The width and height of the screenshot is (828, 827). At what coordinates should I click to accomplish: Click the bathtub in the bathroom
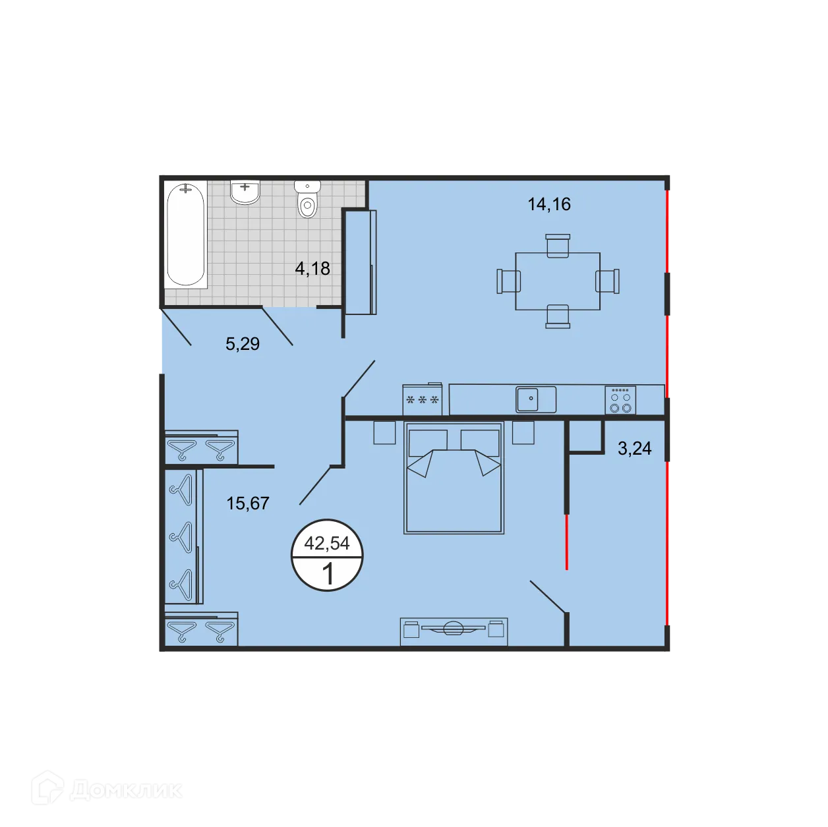(185, 235)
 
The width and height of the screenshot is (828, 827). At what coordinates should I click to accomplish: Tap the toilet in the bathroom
(307, 199)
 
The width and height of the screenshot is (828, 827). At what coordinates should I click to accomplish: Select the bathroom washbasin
(245, 191)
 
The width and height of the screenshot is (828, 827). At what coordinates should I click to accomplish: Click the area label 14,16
(548, 204)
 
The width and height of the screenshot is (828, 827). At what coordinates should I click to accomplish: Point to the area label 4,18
(312, 269)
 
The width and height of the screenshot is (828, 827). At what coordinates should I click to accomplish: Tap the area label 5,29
(243, 344)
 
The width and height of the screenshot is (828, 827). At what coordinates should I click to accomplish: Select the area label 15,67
(248, 503)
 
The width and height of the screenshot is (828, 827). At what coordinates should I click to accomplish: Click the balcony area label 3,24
(634, 449)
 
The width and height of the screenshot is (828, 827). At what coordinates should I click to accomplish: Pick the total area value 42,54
(327, 544)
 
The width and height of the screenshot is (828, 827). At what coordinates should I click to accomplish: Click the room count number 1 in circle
(328, 574)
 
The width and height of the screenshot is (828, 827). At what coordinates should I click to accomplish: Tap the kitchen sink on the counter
(535, 399)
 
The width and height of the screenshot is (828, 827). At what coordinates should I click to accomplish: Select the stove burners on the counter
(620, 400)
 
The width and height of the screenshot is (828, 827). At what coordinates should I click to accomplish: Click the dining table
(558, 281)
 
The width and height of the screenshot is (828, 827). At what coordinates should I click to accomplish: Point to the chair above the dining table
(558, 245)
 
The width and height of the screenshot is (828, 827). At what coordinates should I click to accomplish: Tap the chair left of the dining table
(508, 281)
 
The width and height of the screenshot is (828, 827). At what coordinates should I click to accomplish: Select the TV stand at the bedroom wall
(454, 631)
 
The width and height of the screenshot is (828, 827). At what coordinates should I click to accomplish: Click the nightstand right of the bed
(523, 433)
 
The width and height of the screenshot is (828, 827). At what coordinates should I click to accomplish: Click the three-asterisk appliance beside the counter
(423, 400)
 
